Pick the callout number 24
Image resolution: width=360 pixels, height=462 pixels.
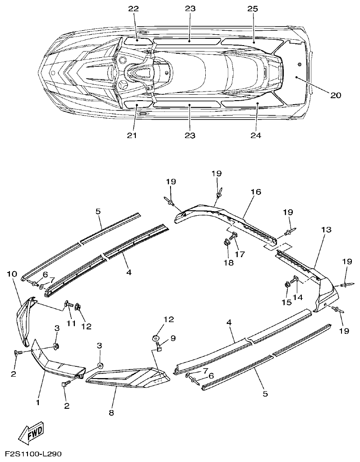coord(255,135)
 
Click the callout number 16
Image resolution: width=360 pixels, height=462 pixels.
coord(256,192)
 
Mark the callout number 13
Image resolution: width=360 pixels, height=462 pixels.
coord(326,230)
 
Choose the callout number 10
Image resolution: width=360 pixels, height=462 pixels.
coord(12,274)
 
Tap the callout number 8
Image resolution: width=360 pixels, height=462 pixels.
coord(111,412)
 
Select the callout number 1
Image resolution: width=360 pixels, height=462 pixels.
coord(38,402)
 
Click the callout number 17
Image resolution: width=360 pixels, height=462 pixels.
coord(240,254)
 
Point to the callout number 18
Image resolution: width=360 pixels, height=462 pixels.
coord(229,263)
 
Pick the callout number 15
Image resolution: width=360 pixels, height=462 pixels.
coord(286,302)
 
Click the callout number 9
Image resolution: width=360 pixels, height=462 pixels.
coord(173,338)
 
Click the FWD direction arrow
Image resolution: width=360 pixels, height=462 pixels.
coord(34,434)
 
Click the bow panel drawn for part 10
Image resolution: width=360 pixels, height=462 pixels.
coord(25,319)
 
